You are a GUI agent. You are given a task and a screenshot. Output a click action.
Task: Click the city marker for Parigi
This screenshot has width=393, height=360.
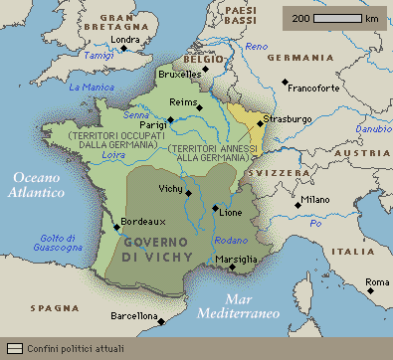click(170, 120)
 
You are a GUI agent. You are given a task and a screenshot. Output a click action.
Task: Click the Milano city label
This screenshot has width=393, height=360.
click(315, 200)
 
